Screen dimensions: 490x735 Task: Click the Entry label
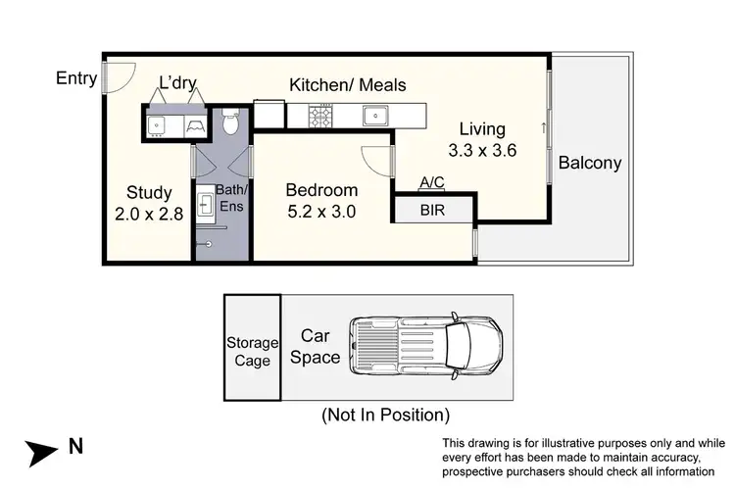(x=77, y=77)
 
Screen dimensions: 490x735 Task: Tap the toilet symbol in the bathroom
(x=229, y=122)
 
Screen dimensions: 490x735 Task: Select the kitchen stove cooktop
(x=321, y=117)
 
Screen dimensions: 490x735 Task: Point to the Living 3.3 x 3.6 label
(x=481, y=139)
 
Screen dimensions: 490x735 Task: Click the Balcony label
(x=590, y=163)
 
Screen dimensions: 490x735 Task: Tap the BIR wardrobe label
(x=433, y=210)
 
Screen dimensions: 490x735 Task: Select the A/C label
(x=432, y=183)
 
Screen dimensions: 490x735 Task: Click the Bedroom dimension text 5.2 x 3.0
(x=321, y=210)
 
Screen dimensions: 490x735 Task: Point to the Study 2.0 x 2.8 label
(x=149, y=203)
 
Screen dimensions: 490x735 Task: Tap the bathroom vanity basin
(x=207, y=204)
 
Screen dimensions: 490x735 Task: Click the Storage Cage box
(x=251, y=348)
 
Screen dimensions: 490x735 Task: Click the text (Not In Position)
(x=385, y=415)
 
